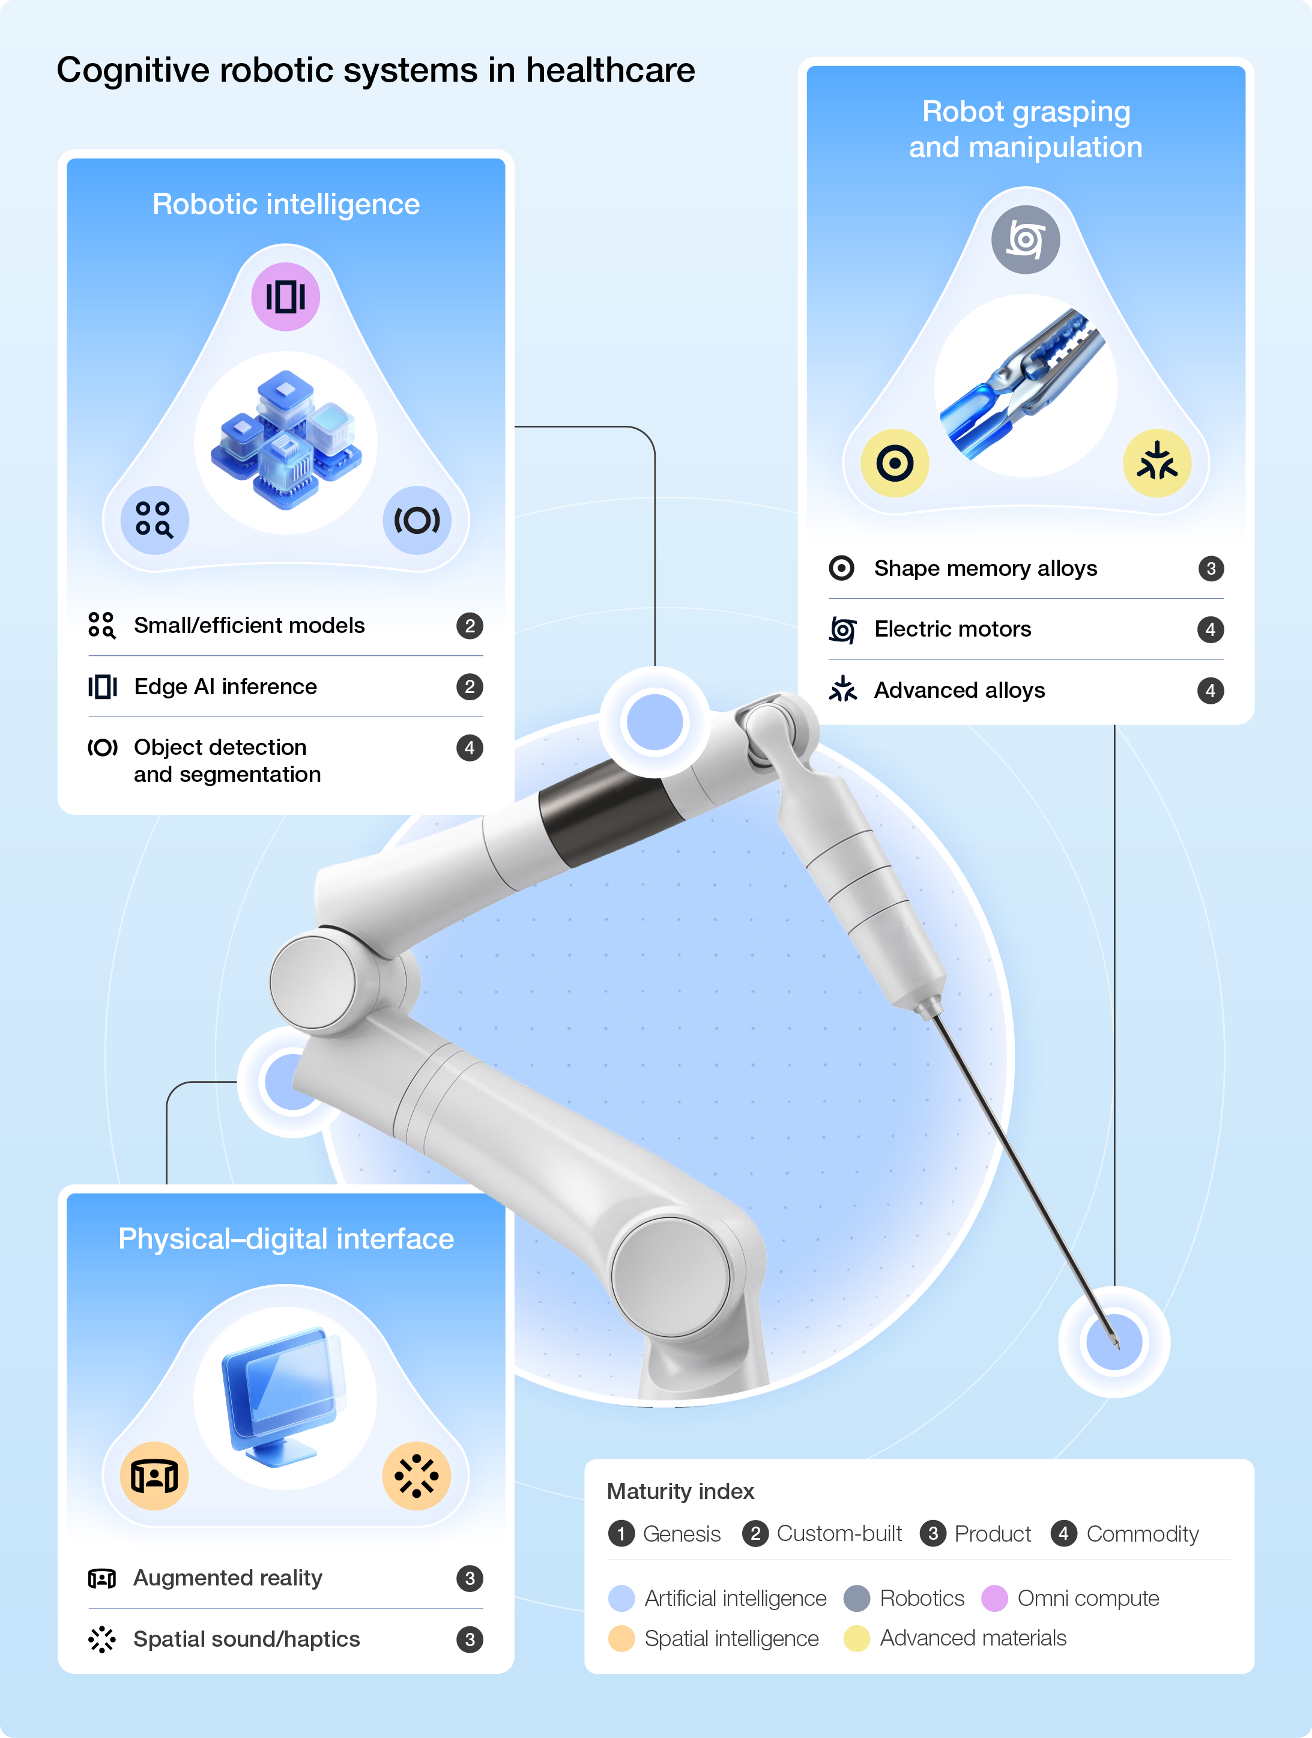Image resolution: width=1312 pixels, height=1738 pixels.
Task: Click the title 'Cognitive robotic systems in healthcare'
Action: pos(375,71)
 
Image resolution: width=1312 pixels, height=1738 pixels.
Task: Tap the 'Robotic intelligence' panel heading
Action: pos(286,204)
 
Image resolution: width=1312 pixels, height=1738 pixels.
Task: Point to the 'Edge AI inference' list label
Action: pos(226,686)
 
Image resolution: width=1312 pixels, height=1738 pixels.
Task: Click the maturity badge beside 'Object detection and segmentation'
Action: pos(470,747)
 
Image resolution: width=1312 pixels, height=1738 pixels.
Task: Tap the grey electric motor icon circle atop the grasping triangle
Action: pos(1025,240)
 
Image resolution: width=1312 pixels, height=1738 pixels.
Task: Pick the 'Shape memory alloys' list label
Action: pos(985,568)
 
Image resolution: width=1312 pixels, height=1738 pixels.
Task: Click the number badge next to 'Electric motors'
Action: pos(1211,629)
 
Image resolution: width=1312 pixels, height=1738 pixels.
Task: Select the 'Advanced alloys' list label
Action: pos(960,690)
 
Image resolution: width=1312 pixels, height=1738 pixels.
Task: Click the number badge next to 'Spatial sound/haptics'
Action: pos(470,1640)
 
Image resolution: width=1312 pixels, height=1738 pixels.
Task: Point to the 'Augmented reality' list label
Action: pos(228,1578)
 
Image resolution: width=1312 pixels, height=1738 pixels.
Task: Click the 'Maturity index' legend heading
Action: pos(680,1491)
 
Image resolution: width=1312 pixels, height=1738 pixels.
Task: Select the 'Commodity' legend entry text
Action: pos(1142,1534)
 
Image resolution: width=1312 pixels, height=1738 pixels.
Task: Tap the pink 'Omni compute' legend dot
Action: pos(994,1598)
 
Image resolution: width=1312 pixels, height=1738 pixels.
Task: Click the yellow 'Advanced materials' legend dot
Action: pos(856,1638)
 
